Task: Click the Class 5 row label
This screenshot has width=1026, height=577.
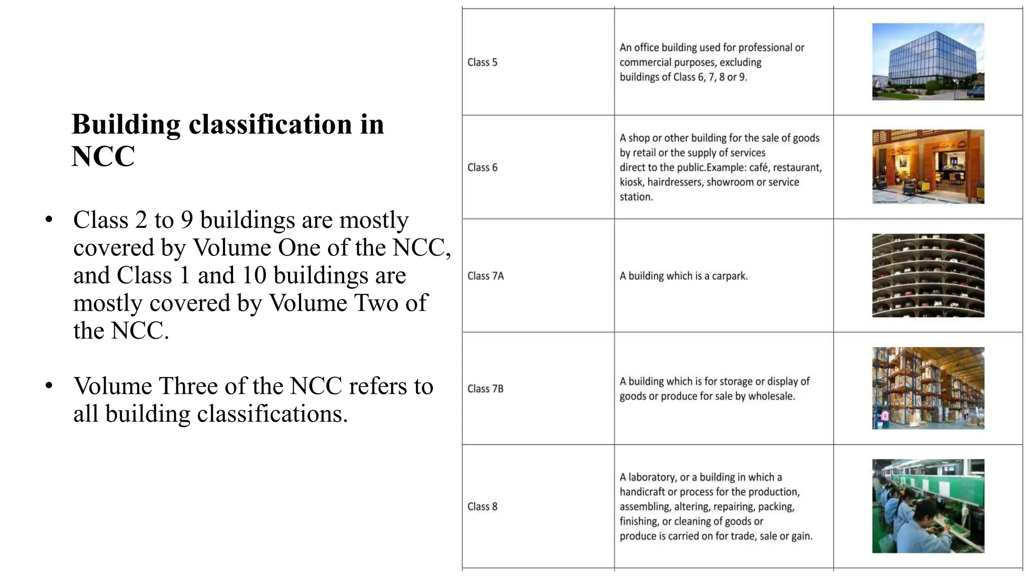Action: pyautogui.click(x=482, y=62)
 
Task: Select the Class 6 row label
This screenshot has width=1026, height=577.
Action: pyautogui.click(x=482, y=167)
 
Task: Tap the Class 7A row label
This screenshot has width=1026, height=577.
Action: pyautogui.click(x=485, y=276)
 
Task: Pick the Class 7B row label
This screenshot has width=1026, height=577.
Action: pyautogui.click(x=485, y=389)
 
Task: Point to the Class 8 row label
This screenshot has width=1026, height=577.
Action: pyautogui.click(x=482, y=506)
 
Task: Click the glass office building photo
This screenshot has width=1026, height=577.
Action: pyautogui.click(x=928, y=62)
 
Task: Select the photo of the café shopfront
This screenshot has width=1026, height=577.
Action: pyautogui.click(x=928, y=166)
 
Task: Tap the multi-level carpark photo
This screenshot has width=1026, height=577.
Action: pyautogui.click(x=928, y=275)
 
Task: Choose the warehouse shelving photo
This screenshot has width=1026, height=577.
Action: pyautogui.click(x=928, y=388)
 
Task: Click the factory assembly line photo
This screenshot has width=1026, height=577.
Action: pyautogui.click(x=928, y=506)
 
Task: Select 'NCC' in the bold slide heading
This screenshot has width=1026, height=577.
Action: pyautogui.click(x=103, y=156)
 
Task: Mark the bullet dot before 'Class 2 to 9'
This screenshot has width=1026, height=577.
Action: pyautogui.click(x=49, y=220)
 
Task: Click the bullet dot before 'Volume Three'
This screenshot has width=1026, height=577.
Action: pyautogui.click(x=49, y=386)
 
